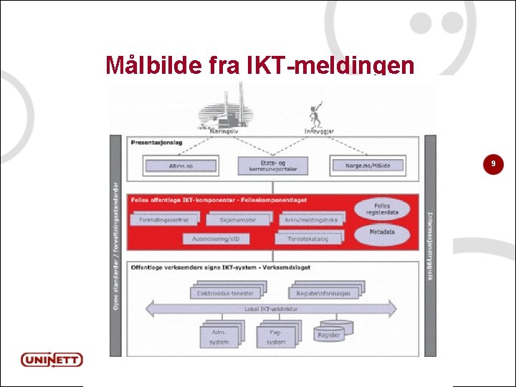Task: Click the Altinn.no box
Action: (181, 166)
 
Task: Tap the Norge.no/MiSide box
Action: (367, 166)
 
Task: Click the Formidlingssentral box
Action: (163, 219)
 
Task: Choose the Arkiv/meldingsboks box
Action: (311, 219)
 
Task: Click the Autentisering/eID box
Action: (221, 238)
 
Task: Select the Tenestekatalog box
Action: (307, 238)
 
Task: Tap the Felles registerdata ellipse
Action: (386, 210)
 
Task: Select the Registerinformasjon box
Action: (323, 292)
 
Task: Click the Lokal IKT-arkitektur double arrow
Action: (272, 310)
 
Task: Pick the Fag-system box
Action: (275, 336)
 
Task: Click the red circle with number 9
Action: (492, 165)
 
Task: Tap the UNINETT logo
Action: (51, 359)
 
